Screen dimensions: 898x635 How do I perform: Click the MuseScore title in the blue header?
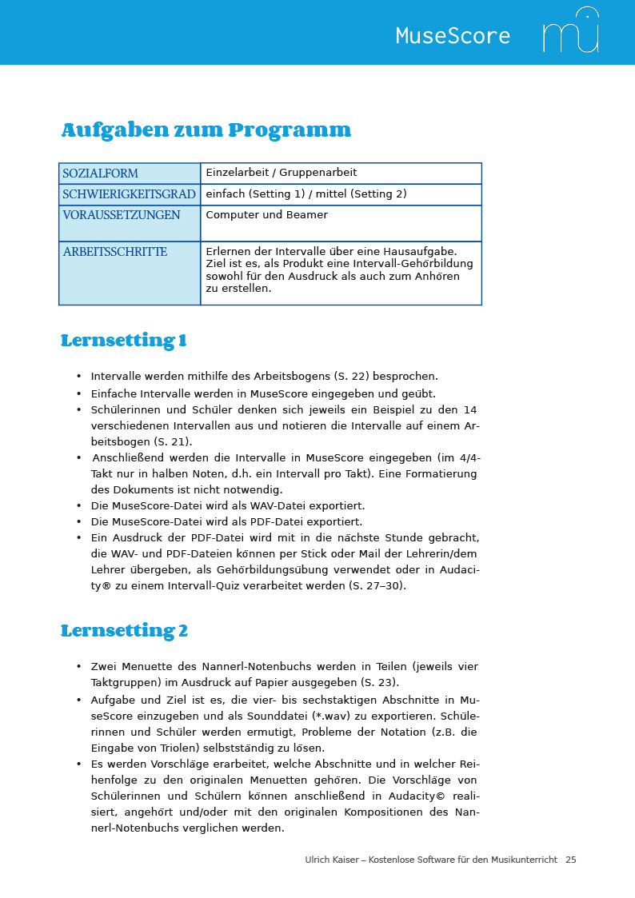tap(453, 36)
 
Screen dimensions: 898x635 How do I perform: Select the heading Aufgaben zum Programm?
tap(206, 130)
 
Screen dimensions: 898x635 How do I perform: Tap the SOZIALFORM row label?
tap(100, 174)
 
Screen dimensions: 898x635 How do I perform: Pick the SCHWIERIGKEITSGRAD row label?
tap(129, 194)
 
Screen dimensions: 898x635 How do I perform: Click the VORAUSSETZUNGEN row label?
tap(121, 215)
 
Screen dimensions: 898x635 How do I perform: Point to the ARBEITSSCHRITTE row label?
tap(114, 252)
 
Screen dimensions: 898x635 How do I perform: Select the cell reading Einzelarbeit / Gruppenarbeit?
tap(281, 173)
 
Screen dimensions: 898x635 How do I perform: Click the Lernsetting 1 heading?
tap(124, 341)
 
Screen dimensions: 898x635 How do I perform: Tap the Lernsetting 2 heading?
tap(124, 631)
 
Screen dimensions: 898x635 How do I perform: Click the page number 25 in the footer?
tap(570, 860)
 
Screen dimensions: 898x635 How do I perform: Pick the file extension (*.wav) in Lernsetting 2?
tap(338, 716)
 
